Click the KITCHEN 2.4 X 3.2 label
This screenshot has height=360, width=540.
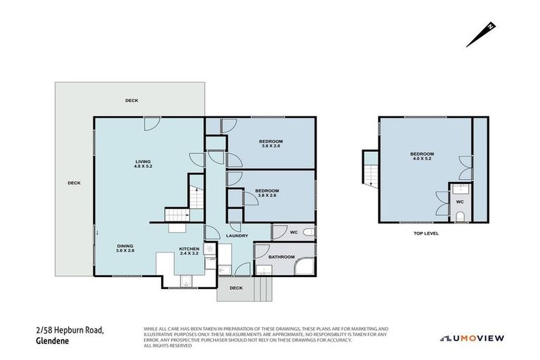click(x=188, y=251)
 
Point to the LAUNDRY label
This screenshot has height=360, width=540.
click(x=237, y=236)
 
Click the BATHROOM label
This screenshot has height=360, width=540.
click(x=281, y=257)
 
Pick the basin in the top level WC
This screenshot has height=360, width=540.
click(x=460, y=188)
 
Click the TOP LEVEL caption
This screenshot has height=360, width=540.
click(x=426, y=233)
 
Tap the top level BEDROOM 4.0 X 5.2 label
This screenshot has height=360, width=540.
click(x=422, y=156)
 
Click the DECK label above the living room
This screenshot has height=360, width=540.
click(x=131, y=101)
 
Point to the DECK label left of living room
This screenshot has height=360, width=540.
click(x=74, y=183)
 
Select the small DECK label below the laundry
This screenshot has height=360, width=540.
click(x=236, y=288)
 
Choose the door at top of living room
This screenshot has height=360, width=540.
click(x=150, y=124)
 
